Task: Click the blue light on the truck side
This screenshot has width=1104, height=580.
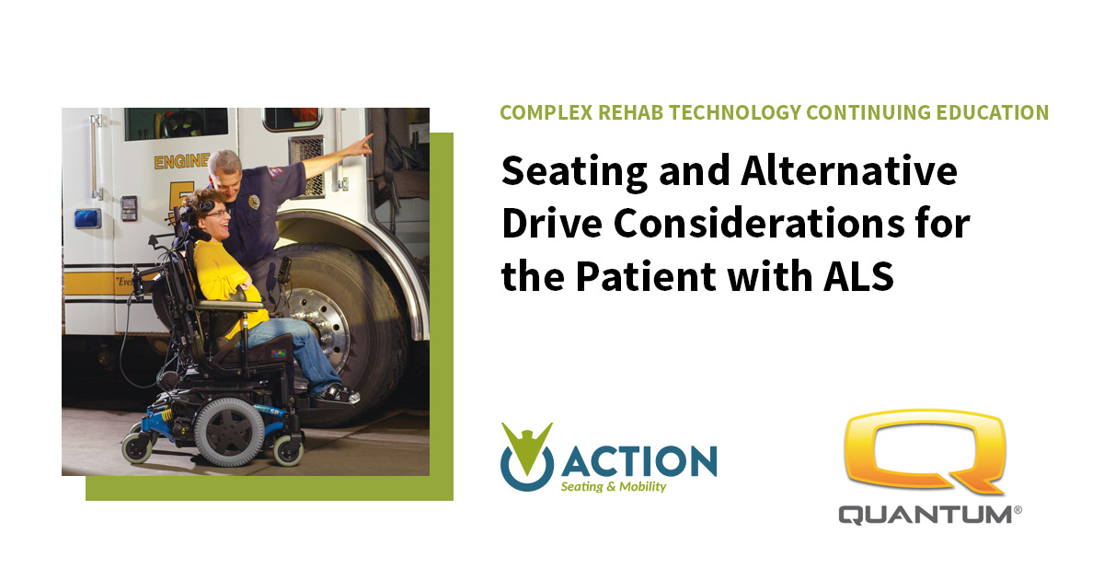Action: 87,218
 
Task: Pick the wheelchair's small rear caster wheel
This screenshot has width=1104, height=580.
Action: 137,447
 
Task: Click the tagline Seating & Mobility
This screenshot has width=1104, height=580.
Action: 614,486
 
